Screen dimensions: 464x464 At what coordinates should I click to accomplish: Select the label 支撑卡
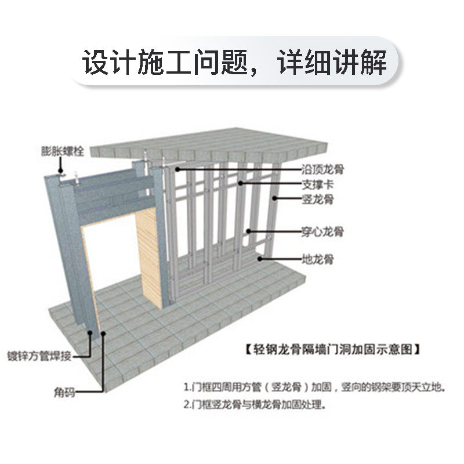[x=317, y=184]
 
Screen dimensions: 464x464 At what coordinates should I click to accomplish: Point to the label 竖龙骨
[x=317, y=199]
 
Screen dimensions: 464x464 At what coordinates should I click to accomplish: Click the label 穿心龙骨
[x=322, y=231]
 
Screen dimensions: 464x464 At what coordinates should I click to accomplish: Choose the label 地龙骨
[x=317, y=259]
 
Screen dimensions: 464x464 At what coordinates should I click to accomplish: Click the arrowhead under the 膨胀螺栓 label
[x=60, y=172]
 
